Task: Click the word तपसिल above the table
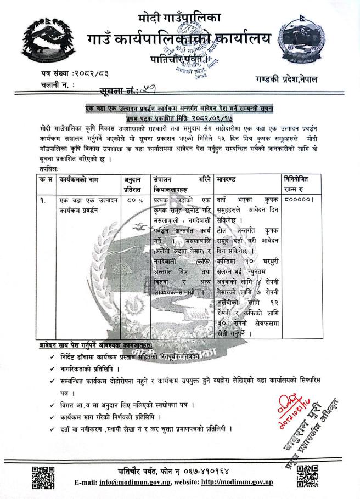pos(53,170)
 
